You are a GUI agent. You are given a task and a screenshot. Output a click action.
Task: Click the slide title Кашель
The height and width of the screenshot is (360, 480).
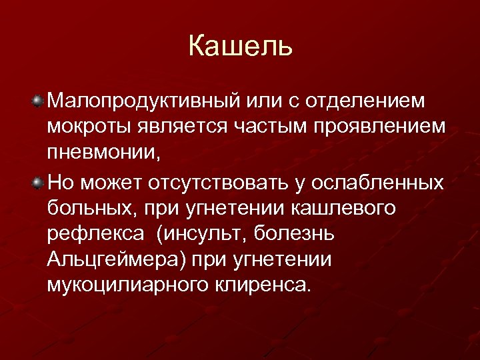(x=240, y=47)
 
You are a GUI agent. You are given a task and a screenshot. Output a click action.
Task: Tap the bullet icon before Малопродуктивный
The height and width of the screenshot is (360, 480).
(x=38, y=101)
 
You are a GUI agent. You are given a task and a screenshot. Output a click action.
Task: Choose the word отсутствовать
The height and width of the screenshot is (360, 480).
(x=243, y=183)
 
